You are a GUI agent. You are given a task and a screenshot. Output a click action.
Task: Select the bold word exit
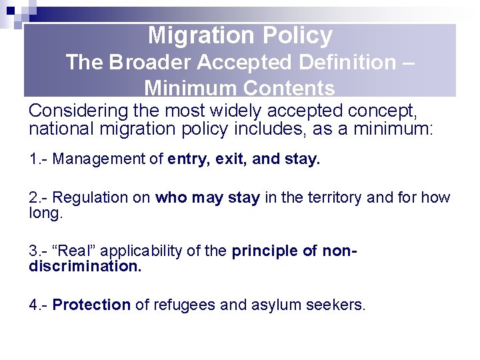pyautogui.click(x=235, y=159)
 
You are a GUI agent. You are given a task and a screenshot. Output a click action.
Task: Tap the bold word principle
pyautogui.click(x=261, y=251)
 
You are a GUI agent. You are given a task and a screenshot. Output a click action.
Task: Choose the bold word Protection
pyautogui.click(x=91, y=305)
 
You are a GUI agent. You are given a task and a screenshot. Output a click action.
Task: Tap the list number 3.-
pyautogui.click(x=39, y=251)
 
